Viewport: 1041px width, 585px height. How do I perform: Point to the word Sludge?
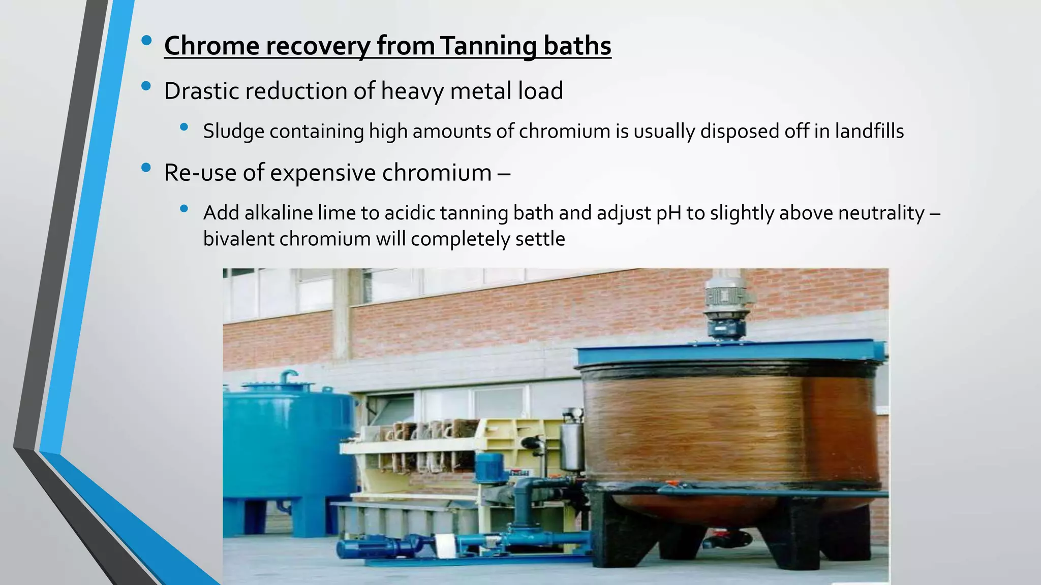point(233,132)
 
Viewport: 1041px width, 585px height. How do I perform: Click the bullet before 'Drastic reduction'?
point(146,86)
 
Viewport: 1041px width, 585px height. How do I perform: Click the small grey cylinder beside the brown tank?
point(572,447)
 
